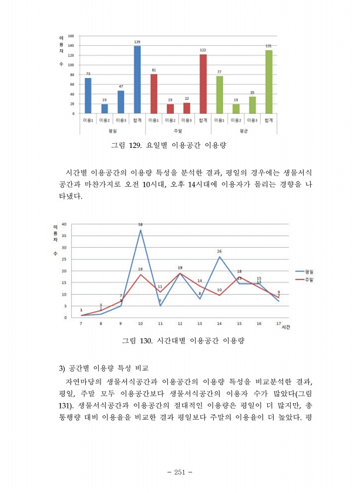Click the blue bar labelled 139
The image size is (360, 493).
[137, 80]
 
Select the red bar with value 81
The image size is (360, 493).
[154, 94]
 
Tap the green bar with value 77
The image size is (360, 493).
[220, 95]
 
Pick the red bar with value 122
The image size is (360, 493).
[203, 84]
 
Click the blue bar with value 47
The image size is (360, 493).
[121, 102]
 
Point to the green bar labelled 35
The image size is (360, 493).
[253, 105]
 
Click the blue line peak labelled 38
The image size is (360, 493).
[140, 230]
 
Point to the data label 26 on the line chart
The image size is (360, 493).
[219, 252]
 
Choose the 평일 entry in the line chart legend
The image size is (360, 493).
[309, 272]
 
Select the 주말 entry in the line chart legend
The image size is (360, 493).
[309, 280]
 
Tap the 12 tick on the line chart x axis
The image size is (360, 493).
[180, 323]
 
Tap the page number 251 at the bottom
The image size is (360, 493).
[180, 472]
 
